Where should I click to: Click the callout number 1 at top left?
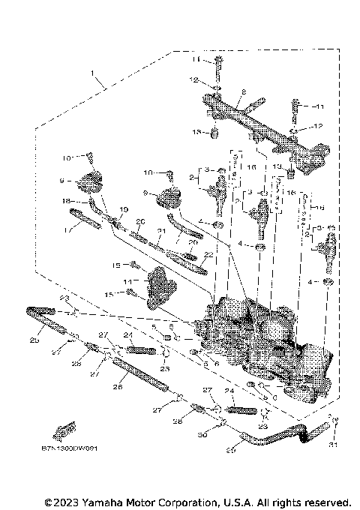93,75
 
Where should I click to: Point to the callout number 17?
70,230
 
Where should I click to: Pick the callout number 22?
208,255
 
